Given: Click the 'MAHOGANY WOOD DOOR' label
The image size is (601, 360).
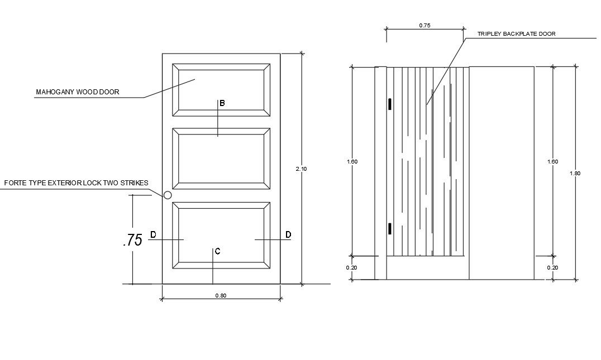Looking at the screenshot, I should pyautogui.click(x=77, y=92).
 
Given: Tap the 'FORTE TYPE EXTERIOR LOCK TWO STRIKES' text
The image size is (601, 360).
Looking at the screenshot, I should pyautogui.click(x=76, y=183).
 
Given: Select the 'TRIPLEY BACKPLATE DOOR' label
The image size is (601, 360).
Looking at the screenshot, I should pyautogui.click(x=516, y=34).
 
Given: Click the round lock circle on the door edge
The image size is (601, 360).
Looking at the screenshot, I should pyautogui.click(x=167, y=195).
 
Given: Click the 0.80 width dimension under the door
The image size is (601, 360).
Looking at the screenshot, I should pyautogui.click(x=221, y=296).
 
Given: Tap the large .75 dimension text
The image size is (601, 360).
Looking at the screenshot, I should pyautogui.click(x=132, y=240).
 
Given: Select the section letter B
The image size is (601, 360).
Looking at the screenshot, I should pyautogui.click(x=222, y=103).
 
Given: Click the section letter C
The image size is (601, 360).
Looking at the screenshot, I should pyautogui.click(x=217, y=252).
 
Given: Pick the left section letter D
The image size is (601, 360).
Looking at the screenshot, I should pyautogui.click(x=153, y=234).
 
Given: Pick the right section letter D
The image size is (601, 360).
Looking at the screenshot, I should pyautogui.click(x=288, y=234).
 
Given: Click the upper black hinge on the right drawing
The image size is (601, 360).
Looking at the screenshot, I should pyautogui.click(x=390, y=104).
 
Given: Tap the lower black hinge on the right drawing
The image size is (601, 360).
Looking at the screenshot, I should pyautogui.click(x=390, y=228).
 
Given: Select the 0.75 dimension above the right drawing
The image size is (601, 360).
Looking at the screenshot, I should pyautogui.click(x=424, y=26).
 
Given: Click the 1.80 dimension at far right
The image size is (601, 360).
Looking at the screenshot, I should pyautogui.click(x=575, y=173).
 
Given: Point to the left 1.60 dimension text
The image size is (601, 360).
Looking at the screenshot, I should pyautogui.click(x=352, y=162).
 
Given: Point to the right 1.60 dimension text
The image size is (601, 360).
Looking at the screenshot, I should pyautogui.click(x=552, y=162).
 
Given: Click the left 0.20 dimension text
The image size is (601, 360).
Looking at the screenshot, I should pyautogui.click(x=351, y=267).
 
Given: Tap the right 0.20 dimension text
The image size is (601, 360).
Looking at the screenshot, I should pyautogui.click(x=552, y=267).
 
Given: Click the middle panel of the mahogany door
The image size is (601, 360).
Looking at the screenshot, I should pyautogui.click(x=221, y=159).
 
